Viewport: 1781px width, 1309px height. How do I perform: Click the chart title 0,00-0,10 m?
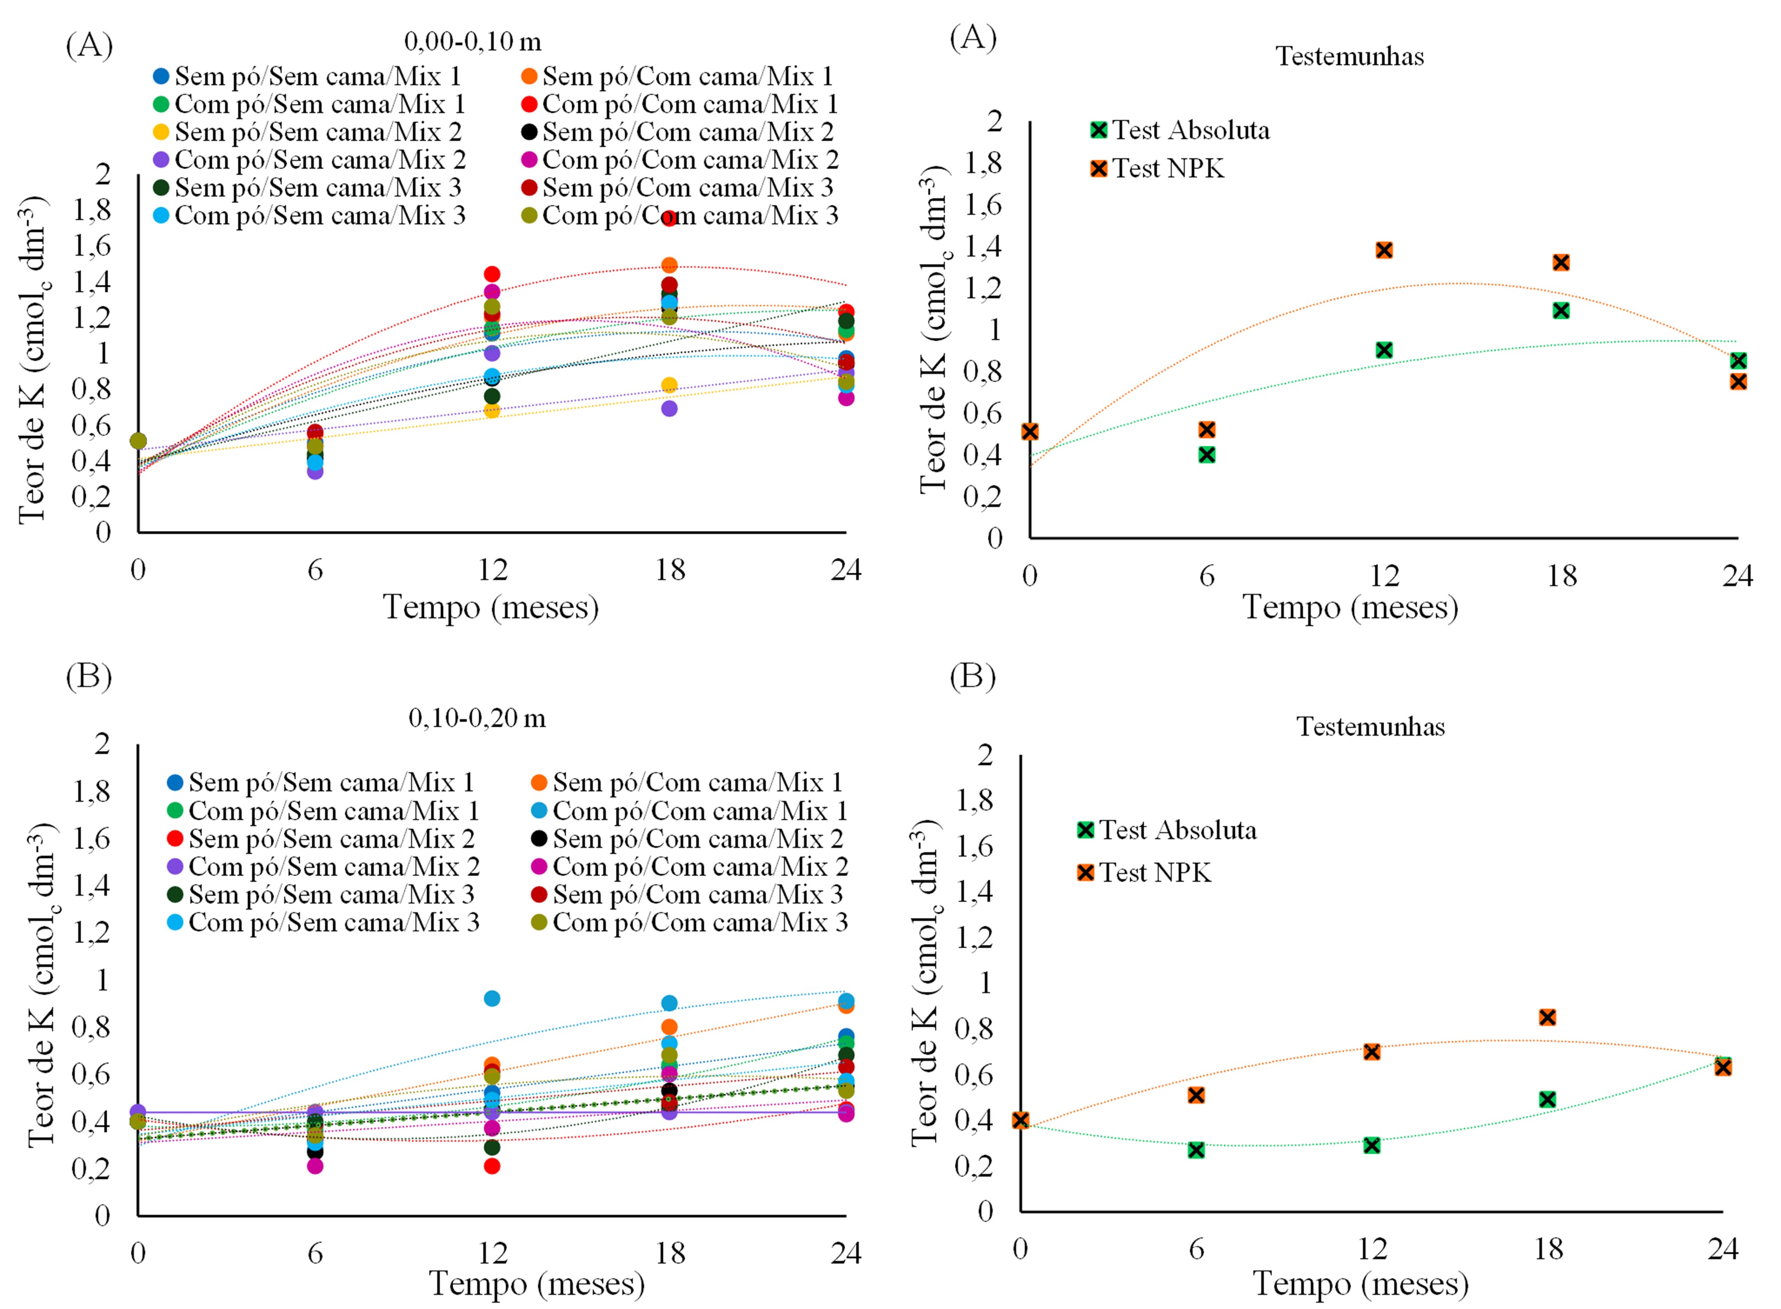click(x=473, y=41)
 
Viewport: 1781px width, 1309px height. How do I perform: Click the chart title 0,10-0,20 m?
click(x=477, y=718)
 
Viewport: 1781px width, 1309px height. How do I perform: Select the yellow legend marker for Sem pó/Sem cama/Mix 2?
click(x=161, y=131)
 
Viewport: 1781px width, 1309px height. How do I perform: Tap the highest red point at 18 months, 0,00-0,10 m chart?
click(x=669, y=218)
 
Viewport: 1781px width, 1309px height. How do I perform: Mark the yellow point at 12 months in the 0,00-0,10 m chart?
click(x=492, y=411)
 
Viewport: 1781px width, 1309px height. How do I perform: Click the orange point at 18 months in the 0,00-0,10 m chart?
click(x=669, y=265)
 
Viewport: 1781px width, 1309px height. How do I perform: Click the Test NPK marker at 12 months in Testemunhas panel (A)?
click(x=1383, y=250)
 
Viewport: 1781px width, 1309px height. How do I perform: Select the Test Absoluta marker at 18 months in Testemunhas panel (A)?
click(x=1561, y=311)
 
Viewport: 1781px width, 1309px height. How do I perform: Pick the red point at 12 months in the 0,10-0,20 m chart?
click(x=492, y=1166)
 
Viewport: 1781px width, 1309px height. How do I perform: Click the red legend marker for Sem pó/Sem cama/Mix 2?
click(x=175, y=838)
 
